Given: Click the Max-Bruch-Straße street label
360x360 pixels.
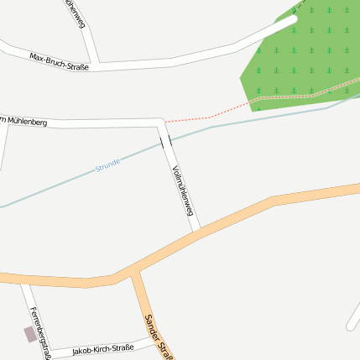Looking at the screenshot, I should coord(59,60).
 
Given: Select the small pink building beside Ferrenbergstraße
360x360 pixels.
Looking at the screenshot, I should coord(30,334).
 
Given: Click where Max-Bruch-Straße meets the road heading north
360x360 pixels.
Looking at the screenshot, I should coord(99,64).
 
